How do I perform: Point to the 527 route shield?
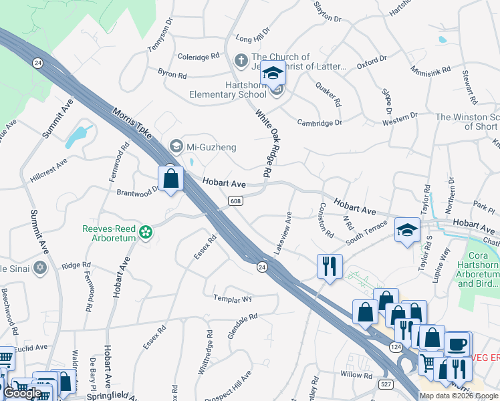[x=384, y=384]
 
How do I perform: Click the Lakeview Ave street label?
[x=283, y=233]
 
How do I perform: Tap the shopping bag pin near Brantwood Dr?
[x=170, y=178]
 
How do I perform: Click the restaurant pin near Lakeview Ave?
[x=328, y=265]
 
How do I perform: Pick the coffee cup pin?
[x=456, y=344]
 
